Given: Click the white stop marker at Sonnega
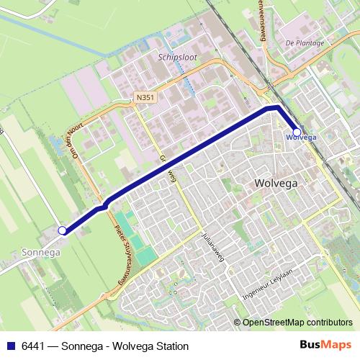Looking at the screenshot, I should click(x=62, y=230).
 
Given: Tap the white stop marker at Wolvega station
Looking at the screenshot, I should click(x=297, y=132).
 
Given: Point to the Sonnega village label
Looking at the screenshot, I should click(x=41, y=253).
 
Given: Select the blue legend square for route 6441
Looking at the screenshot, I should click(x=10, y=346).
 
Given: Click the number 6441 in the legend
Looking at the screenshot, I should click(x=33, y=346).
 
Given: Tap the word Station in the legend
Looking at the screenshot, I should click(x=171, y=346).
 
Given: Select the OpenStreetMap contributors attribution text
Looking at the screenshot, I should click(x=297, y=322).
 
